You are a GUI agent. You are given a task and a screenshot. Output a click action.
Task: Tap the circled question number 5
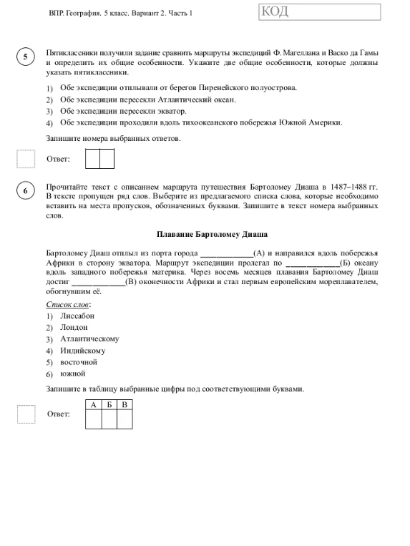pyautogui.click(x=25, y=58)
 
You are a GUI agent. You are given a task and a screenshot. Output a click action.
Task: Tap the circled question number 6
pyautogui.click(x=25, y=191)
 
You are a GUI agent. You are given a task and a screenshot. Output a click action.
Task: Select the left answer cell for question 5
pyautogui.click(x=92, y=158)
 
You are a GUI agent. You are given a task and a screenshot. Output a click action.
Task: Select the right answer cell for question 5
pyautogui.click(x=107, y=158)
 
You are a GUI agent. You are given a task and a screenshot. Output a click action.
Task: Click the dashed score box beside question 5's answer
pyautogui.click(x=26, y=158)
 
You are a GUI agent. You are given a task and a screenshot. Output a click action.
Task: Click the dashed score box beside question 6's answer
pyautogui.click(x=26, y=414)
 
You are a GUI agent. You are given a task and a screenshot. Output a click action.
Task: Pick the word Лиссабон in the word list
pyautogui.click(x=77, y=316)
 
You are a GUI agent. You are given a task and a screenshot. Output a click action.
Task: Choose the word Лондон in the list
pyautogui.click(x=74, y=327)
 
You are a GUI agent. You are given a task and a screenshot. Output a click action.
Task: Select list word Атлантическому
pyautogui.click(x=89, y=338)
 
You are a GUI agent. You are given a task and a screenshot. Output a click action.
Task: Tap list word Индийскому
pyautogui.click(x=83, y=351)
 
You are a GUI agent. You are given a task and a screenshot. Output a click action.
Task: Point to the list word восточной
pyautogui.click(x=79, y=362)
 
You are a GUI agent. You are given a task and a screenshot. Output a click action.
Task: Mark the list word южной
pyautogui.click(x=73, y=374)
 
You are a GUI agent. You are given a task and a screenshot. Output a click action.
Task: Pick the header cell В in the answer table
pyautogui.click(x=125, y=405)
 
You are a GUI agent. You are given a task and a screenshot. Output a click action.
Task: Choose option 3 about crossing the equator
pyautogui.click(x=123, y=111)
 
